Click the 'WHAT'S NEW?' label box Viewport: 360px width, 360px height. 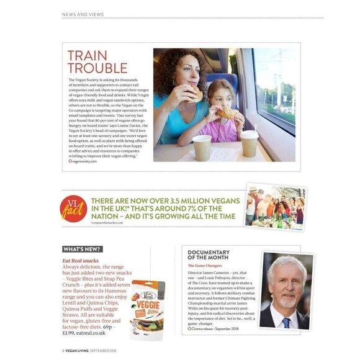pyautogui.click(x=82, y=250)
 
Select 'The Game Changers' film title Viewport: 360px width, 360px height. pyautogui.click(x=205, y=266)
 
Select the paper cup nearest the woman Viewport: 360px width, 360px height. pyautogui.click(x=202, y=147)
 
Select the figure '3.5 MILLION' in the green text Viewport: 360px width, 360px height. pyautogui.click(x=181, y=200)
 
